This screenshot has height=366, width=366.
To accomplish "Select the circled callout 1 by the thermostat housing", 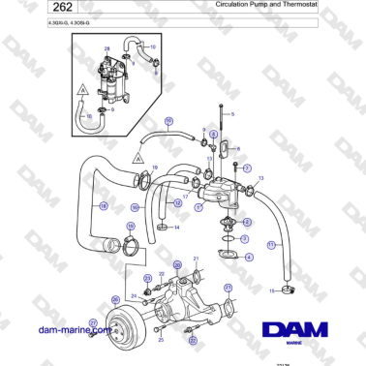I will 198,205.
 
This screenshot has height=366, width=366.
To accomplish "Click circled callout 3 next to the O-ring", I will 245,237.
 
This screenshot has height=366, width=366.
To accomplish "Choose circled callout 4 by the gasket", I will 249,257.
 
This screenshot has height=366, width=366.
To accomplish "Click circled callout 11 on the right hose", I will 272,245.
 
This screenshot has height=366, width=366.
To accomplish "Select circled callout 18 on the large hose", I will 104,205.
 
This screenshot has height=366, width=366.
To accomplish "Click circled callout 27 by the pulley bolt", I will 93,322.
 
